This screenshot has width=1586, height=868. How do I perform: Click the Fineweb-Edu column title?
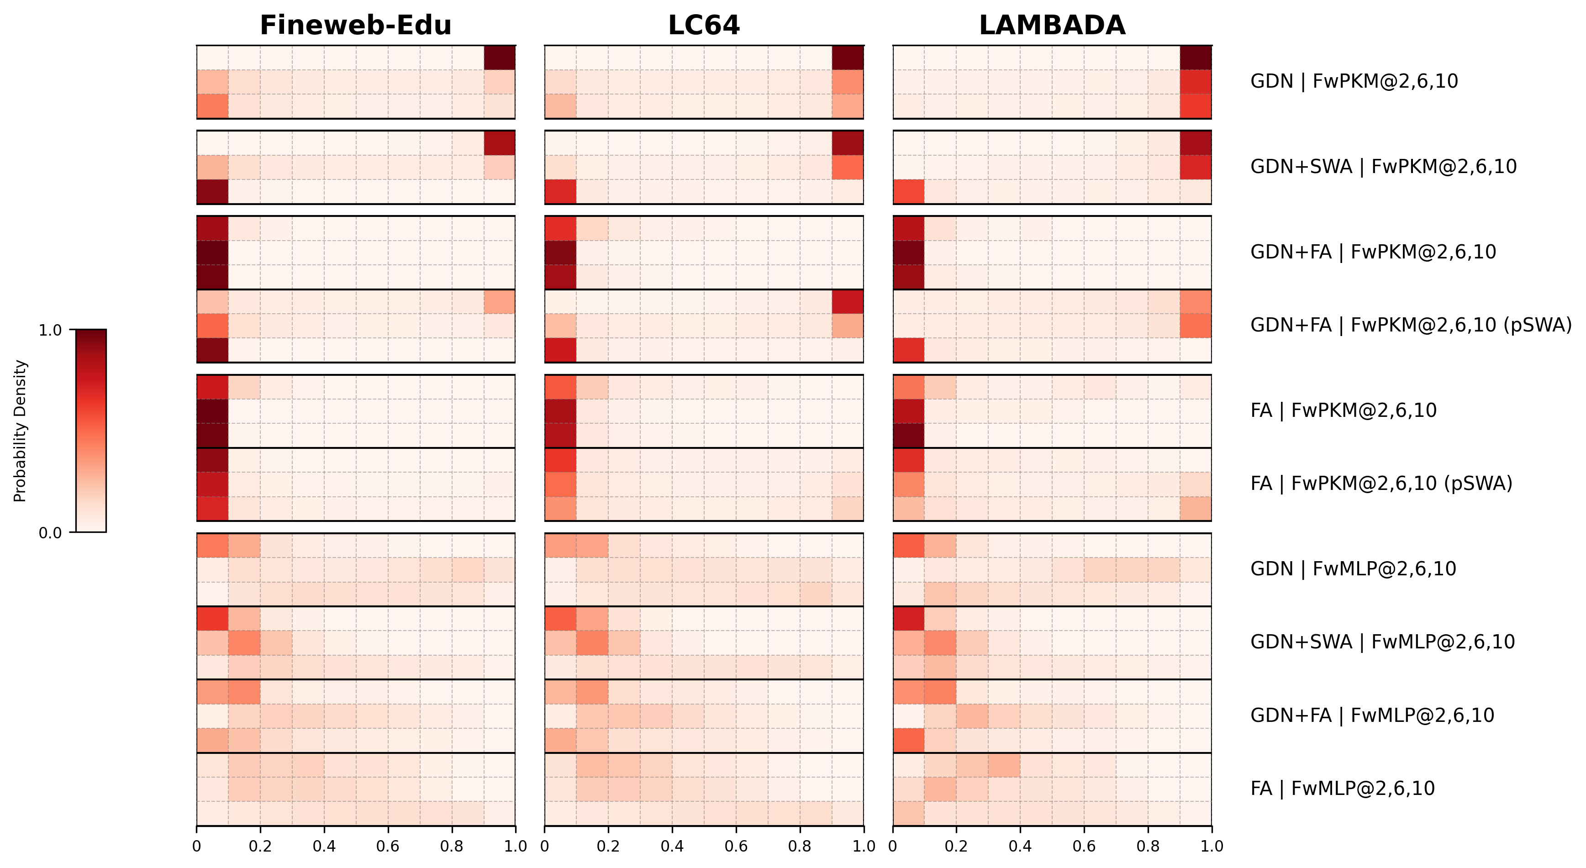pos(355,25)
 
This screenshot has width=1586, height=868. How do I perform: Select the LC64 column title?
pos(703,25)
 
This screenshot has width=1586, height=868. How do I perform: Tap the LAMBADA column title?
pos(1052,25)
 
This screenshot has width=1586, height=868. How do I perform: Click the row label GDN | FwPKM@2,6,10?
pos(1354,81)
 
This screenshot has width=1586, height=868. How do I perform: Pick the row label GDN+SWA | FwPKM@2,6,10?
pos(1383,167)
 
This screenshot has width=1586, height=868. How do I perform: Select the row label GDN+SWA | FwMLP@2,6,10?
pos(1382,642)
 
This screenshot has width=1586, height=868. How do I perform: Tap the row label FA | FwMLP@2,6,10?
pos(1342,788)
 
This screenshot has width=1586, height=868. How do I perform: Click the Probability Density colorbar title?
pos(20,431)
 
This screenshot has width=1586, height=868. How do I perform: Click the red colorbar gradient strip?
pos(91,431)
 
